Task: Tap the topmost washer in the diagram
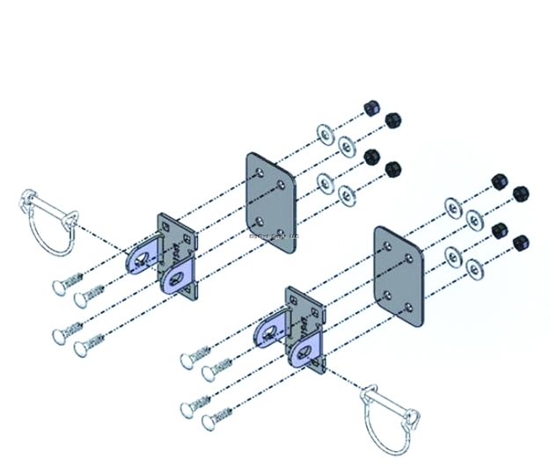[x=323, y=135]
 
